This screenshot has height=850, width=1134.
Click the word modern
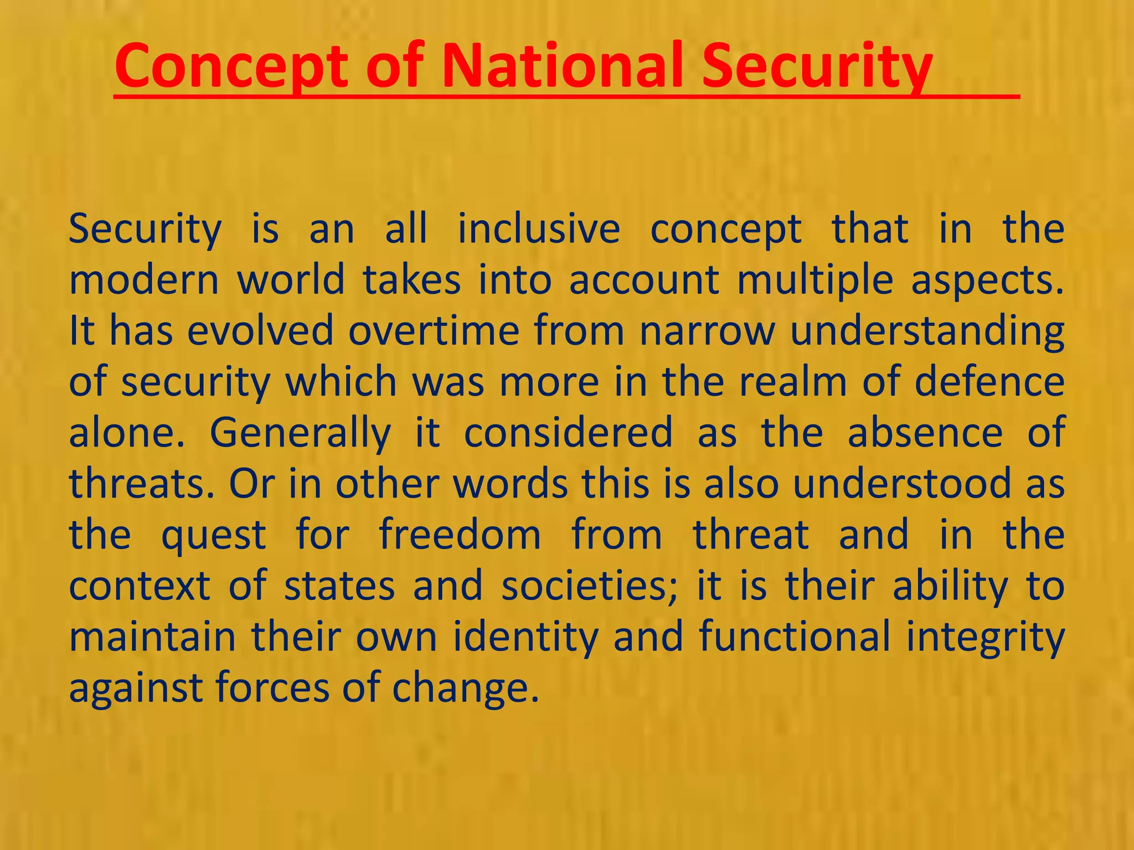pyautogui.click(x=144, y=280)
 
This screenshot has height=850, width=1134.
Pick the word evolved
pyautogui.click(x=260, y=331)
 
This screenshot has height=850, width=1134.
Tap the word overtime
pyautogui.click(x=434, y=331)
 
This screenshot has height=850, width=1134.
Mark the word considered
pyautogui.click(x=568, y=433)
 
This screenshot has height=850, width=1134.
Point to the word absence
pyautogui.click(x=925, y=433)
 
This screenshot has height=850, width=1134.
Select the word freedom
pyautogui.click(x=460, y=535)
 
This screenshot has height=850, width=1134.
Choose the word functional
pyautogui.click(x=795, y=636)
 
